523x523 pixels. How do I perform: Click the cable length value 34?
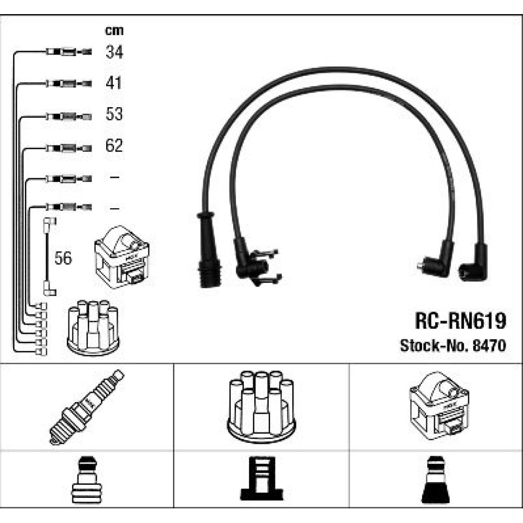115,52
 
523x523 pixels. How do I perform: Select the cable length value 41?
113,83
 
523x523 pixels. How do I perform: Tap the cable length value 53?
114,113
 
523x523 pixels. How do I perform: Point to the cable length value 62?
114,145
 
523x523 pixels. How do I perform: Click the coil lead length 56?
63,258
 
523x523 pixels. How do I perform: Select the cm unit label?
115,31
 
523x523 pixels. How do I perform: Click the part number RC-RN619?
461,321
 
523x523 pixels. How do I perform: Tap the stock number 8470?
490,346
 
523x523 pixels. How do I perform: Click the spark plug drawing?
87,407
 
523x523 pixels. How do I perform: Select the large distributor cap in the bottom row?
261,407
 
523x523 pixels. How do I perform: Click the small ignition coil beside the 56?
122,257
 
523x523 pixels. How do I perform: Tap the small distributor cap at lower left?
93,328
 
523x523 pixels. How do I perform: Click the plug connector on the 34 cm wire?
69,52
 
